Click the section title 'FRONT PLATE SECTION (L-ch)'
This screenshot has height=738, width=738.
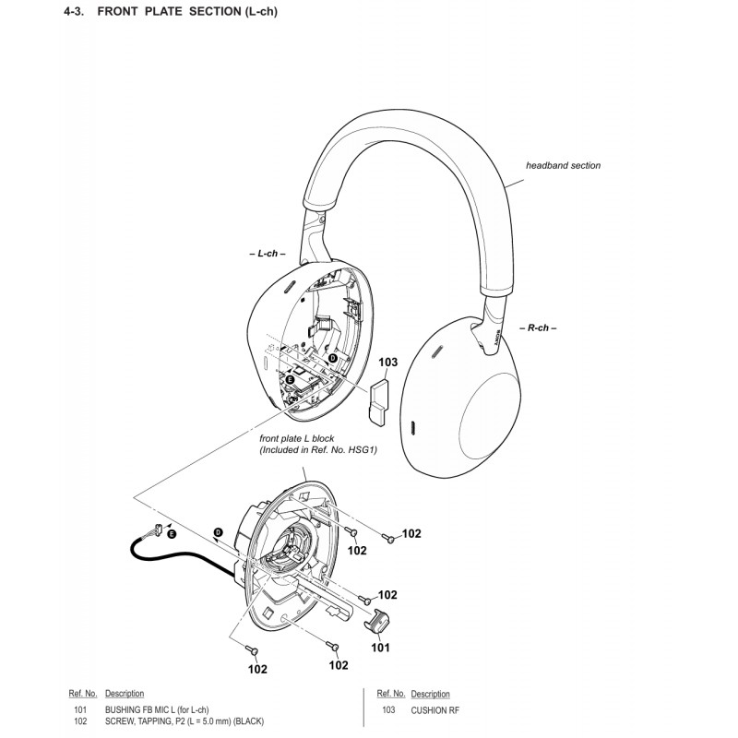coord(187,11)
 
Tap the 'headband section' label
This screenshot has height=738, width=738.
coord(563,166)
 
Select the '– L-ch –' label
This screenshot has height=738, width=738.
coord(268,254)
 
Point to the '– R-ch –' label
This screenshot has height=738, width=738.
coord(538,328)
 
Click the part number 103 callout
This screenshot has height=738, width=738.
coord(387,363)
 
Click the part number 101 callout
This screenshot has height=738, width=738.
coord(380,649)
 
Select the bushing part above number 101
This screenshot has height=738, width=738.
coord(377,621)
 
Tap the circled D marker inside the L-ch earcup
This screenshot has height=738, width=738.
coord(333,358)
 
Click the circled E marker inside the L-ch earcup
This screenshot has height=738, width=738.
coord(290,379)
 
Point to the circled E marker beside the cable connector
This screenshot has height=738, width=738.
coord(172,534)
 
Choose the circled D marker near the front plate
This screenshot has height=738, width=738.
coord(219,532)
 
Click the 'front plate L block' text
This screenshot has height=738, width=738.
coord(296,439)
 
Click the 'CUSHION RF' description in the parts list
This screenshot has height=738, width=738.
coord(434,710)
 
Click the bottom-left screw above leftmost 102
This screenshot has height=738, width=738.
coord(252,650)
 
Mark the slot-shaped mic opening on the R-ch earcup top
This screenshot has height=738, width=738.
coord(437,351)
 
